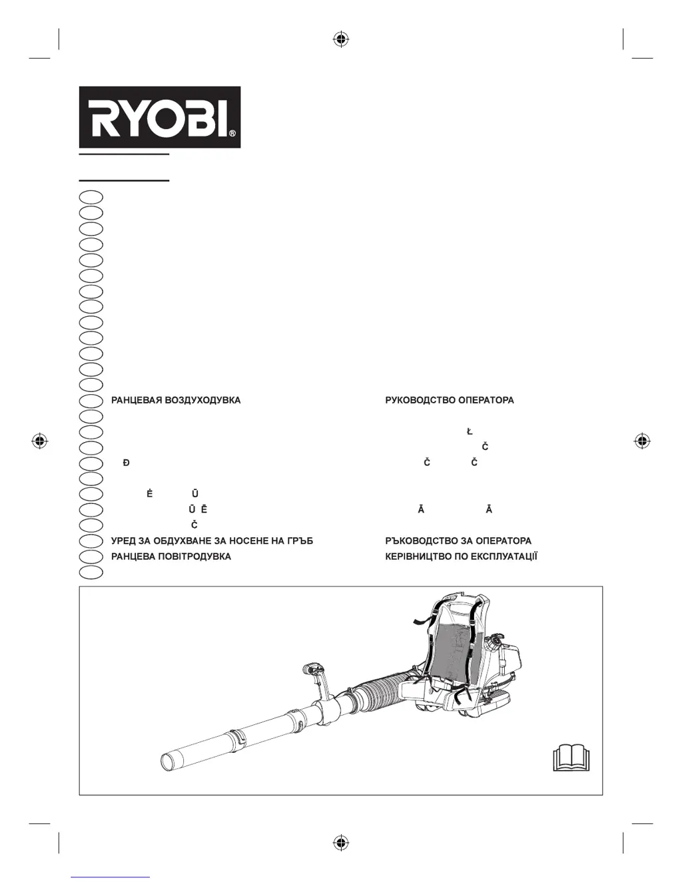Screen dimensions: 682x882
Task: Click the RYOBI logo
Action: click(x=159, y=117)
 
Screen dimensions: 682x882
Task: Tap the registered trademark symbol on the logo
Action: click(x=232, y=134)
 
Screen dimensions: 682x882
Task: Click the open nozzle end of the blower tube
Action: click(x=170, y=761)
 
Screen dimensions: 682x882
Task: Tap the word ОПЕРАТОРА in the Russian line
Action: click(x=486, y=401)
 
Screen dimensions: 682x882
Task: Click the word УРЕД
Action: click(x=123, y=541)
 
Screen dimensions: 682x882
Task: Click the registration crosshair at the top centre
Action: click(x=341, y=40)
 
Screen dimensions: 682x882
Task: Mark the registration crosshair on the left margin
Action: click(x=40, y=441)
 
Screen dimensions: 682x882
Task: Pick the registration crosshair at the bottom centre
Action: click(x=341, y=843)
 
